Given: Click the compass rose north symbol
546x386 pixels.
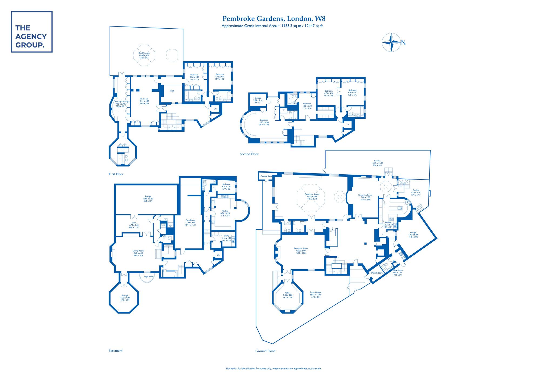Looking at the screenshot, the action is tap(391, 42).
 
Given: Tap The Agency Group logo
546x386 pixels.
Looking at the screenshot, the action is tap(32, 32).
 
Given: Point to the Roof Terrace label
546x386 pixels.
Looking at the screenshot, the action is tap(144, 53).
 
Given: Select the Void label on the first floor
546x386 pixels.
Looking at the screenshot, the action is tap(172, 91).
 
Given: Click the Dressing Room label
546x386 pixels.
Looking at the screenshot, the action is tap(120, 102).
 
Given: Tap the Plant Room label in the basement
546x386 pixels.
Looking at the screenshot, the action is tap(190, 220).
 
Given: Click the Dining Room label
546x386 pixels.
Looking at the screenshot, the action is tap(138, 251).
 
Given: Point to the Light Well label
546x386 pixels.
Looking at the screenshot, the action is tap(148, 277).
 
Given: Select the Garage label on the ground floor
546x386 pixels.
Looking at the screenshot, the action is tap(413, 232).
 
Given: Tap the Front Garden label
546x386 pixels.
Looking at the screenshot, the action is tap(316, 292).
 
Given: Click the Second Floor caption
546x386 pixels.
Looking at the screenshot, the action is tap(249, 154).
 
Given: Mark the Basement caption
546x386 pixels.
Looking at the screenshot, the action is tap(116, 351).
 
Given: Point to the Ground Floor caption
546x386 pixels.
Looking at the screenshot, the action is tap(265, 351).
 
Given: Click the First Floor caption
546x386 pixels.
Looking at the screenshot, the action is tap(116, 174).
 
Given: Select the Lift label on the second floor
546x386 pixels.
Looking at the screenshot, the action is tap(348, 125).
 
